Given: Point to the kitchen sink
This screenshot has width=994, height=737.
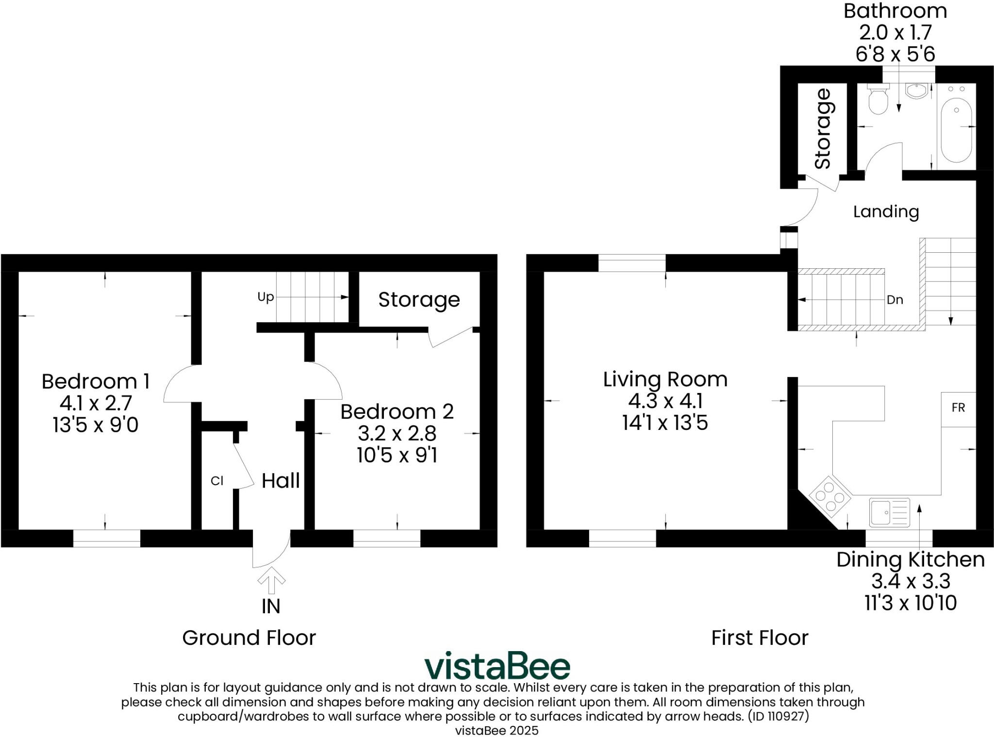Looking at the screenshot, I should tap(889, 512).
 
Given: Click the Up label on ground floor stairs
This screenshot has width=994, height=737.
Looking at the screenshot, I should tap(265, 296).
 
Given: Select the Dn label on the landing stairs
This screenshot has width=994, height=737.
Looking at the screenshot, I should tap(895, 300).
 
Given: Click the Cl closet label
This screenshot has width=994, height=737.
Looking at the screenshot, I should tap(217, 481).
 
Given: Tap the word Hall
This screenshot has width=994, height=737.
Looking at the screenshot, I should tap(281, 481).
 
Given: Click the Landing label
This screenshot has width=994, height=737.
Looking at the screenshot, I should tap(886, 212).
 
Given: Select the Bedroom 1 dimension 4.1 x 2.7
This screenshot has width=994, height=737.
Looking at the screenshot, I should tap(96, 403).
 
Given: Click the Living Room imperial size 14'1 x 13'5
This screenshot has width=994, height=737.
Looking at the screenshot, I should tap(665, 423).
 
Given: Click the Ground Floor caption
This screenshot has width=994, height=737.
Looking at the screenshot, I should tap(248, 638).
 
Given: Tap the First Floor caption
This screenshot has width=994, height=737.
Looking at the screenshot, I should tap(760, 638).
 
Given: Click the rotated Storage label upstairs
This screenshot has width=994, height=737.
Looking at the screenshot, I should tap(823, 129).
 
